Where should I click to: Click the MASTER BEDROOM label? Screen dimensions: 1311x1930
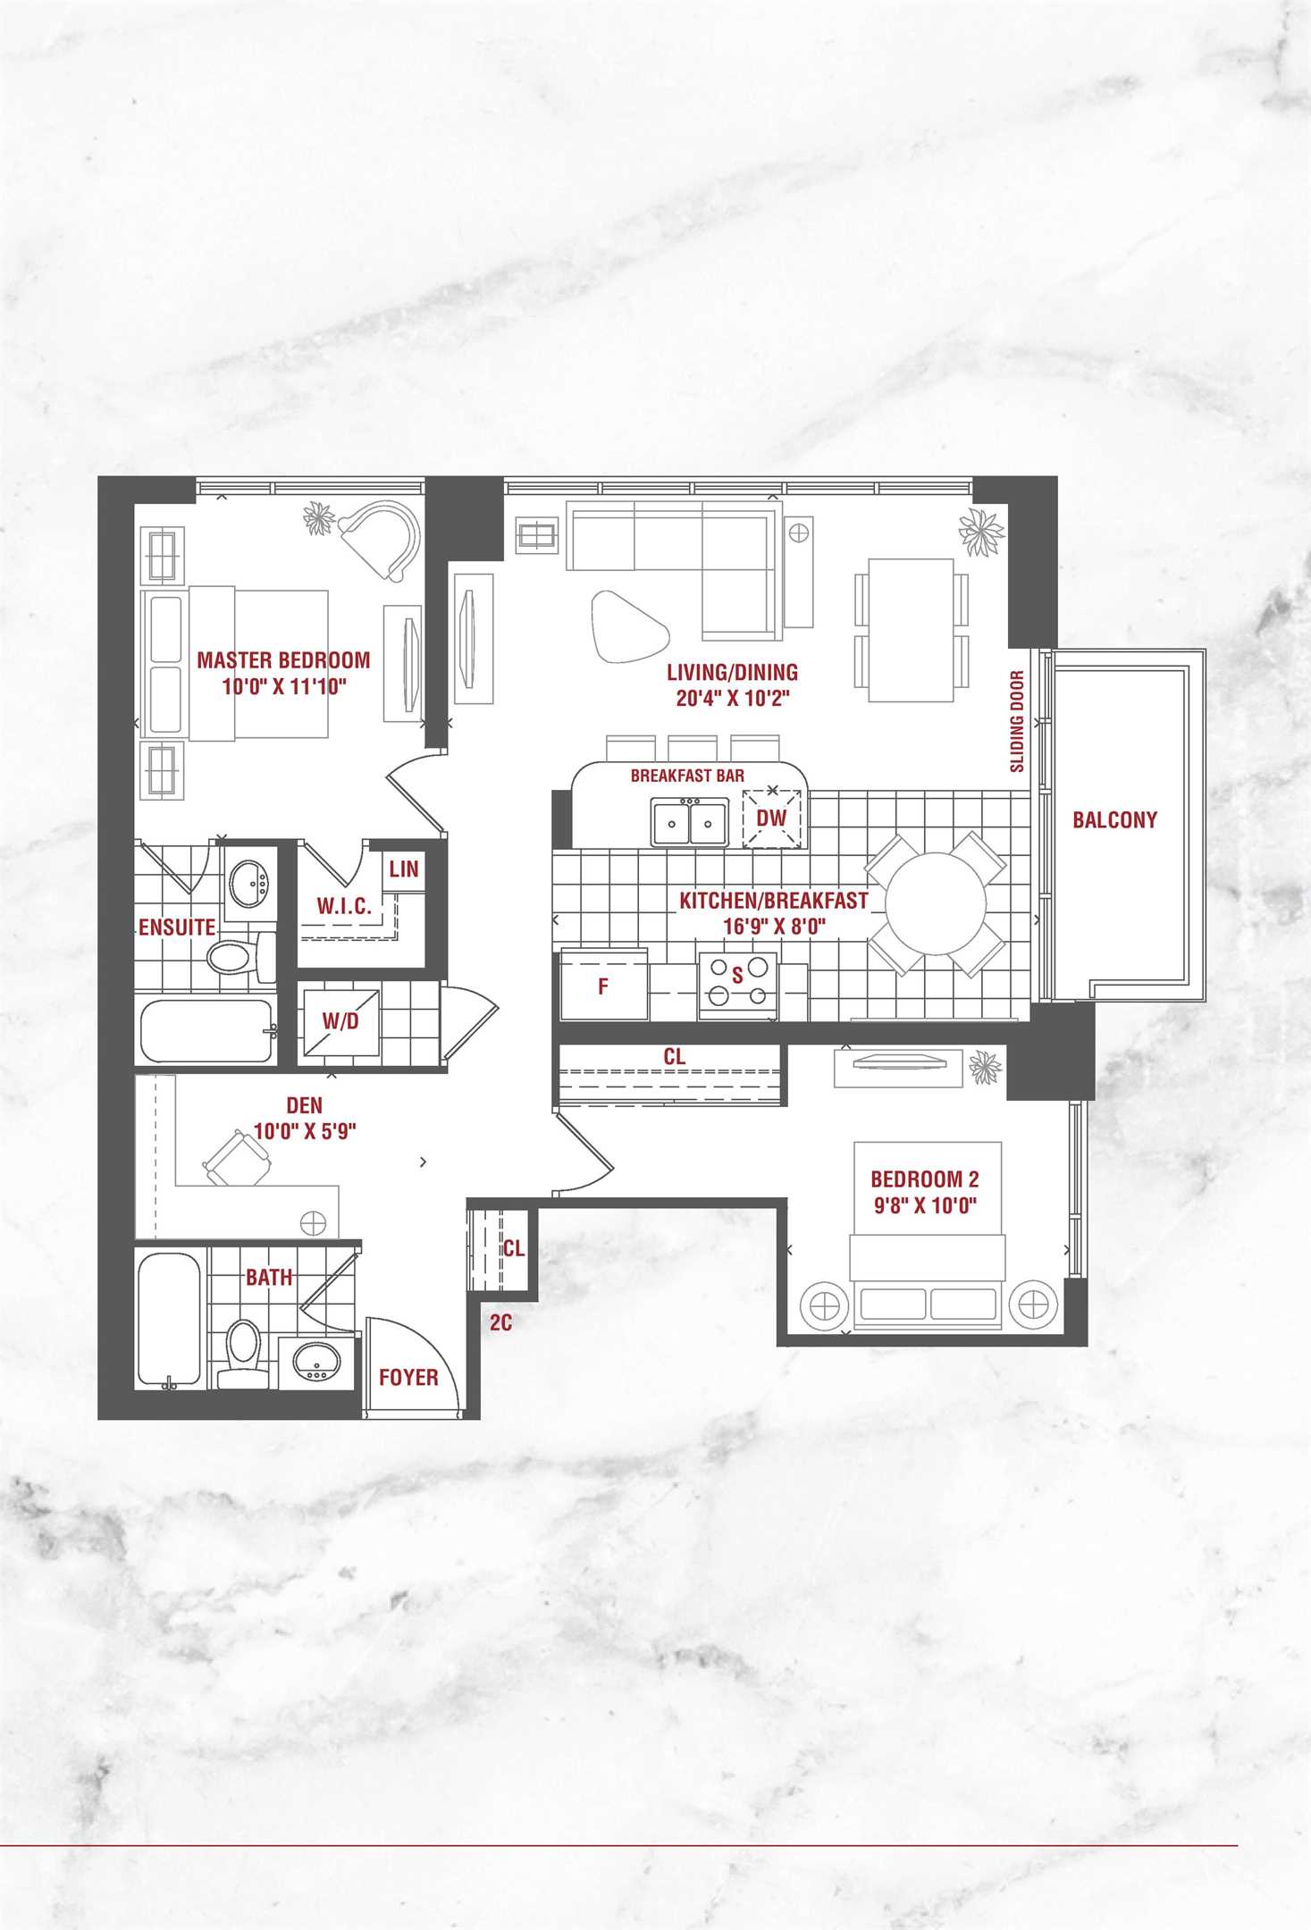pyautogui.click(x=283, y=660)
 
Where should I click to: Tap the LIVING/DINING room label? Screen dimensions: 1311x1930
pyautogui.click(x=733, y=672)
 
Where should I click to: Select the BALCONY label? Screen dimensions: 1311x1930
pyautogui.click(x=1114, y=819)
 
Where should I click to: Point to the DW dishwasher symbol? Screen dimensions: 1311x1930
pyautogui.click(x=772, y=818)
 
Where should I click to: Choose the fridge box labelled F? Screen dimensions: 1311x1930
pyautogui.click(x=604, y=986)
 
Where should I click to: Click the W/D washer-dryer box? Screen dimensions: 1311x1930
pyautogui.click(x=340, y=1021)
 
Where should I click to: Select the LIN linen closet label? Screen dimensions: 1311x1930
pyautogui.click(x=404, y=868)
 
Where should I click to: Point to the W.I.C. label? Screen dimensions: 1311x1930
pyautogui.click(x=344, y=906)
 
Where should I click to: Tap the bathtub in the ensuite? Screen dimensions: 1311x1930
pyautogui.click(x=206, y=1030)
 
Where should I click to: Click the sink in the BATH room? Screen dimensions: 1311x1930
pyautogui.click(x=317, y=1361)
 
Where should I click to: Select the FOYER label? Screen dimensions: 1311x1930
pyautogui.click(x=408, y=1377)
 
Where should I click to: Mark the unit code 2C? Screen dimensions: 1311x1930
pyautogui.click(x=500, y=1322)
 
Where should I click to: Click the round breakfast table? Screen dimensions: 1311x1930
pyautogui.click(x=936, y=902)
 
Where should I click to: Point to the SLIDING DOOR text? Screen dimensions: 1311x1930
pyautogui.click(x=1017, y=721)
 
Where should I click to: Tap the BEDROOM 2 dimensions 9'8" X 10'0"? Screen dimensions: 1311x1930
pyautogui.click(x=925, y=1205)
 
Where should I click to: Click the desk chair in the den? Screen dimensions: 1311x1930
pyautogui.click(x=238, y=1159)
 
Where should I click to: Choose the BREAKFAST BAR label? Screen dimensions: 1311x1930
pyautogui.click(x=687, y=776)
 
